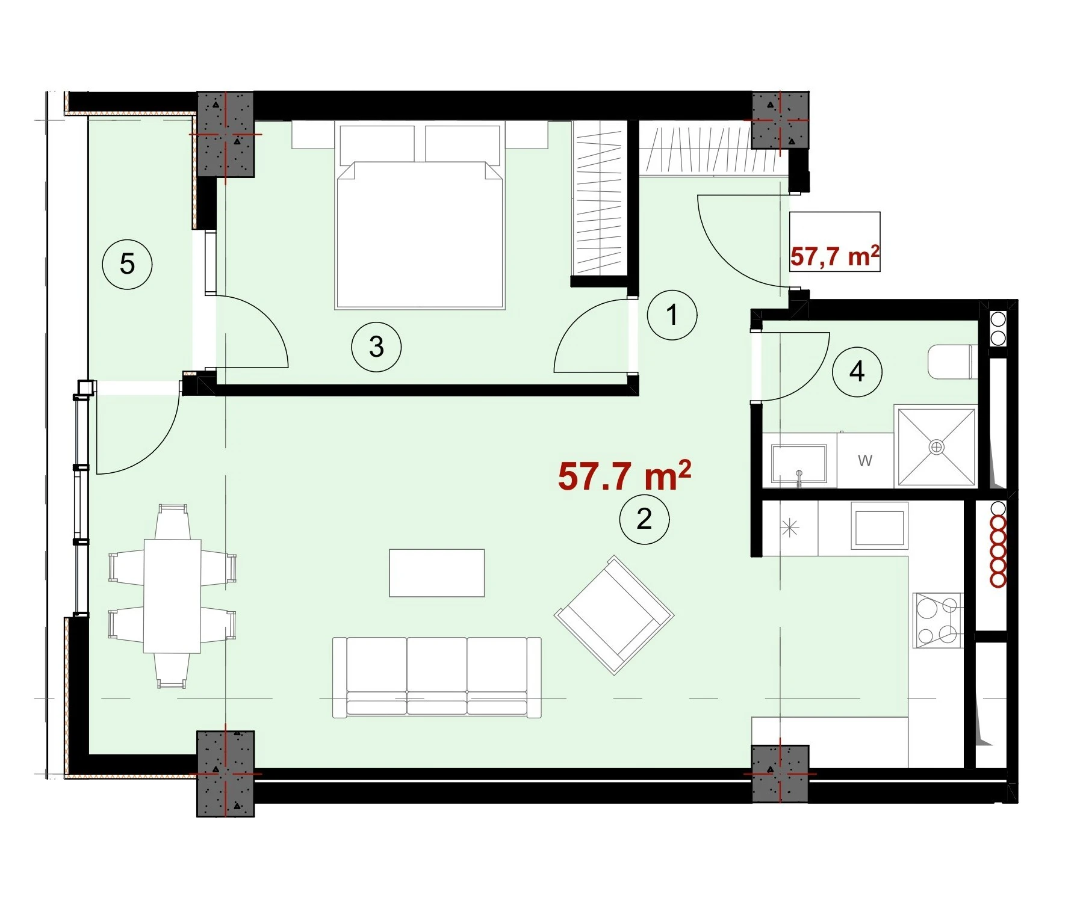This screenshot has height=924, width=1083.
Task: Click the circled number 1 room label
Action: (x=672, y=315)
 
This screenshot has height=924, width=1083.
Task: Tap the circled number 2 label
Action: (x=644, y=519)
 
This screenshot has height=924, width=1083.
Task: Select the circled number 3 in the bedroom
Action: (x=376, y=346)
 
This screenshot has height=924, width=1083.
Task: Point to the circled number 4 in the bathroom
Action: (x=857, y=372)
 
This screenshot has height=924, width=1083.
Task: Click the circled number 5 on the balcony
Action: (x=127, y=263)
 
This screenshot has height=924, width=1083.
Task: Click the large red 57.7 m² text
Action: (x=624, y=475)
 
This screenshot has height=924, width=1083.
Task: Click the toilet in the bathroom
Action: (x=951, y=361)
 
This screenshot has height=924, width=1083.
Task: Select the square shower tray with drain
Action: (x=936, y=446)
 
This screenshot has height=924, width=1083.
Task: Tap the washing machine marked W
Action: (x=865, y=461)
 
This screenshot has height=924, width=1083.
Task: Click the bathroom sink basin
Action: (x=799, y=464)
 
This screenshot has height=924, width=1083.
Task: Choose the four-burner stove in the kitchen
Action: (x=937, y=620)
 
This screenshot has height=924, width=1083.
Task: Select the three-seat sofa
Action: (x=437, y=677)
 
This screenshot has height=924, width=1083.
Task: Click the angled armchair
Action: (x=614, y=615)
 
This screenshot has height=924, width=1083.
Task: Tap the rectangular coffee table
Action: (x=437, y=573)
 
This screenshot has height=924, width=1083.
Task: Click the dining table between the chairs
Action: (x=172, y=596)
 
